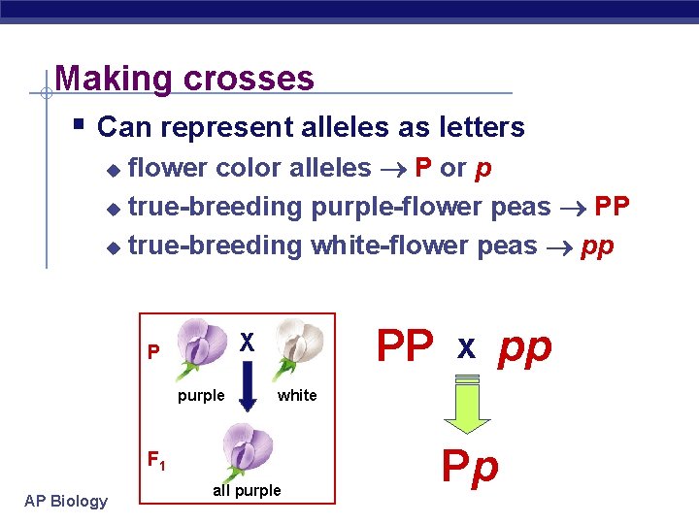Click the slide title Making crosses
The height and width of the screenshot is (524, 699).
pos(184,78)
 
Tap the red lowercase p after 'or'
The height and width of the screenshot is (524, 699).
pos(483,168)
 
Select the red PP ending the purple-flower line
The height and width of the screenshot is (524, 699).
pos(612,207)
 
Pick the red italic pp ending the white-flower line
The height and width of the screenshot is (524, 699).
pos(597,246)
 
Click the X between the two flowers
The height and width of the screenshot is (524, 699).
pos(248,343)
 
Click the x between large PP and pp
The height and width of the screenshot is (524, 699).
pos(466,348)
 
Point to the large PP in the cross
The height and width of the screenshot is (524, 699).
pos(405,346)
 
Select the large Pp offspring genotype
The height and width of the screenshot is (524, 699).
pos(470,467)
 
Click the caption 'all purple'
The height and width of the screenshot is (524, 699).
pos(247,491)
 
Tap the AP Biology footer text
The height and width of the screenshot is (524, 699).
pos(66,501)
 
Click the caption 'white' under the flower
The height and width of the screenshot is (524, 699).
pos(297,395)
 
